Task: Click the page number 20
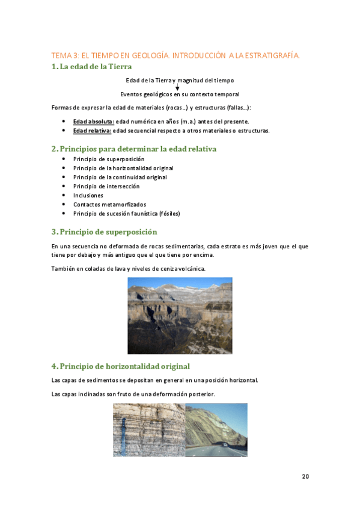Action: pos(305,477)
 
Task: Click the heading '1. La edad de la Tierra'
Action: pos(91,67)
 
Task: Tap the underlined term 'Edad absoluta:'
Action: pos(93,121)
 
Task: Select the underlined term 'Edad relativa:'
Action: pos(92,131)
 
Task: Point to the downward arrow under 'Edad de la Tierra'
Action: pos(177,87)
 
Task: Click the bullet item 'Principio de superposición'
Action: pos(109,159)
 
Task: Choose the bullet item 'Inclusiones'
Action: pos(88,195)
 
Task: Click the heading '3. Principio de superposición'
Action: pos(104,232)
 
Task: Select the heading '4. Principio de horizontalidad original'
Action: pos(120,366)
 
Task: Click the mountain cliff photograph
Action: pos(180,316)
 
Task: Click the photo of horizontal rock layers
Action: pos(148,429)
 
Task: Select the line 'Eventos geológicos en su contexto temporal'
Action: pos(180,94)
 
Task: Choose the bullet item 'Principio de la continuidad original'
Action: pos(120,177)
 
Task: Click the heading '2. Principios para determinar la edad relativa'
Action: pos(134,149)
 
